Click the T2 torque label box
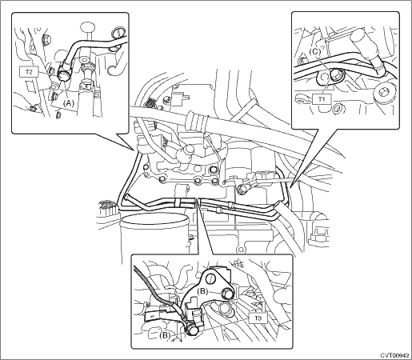click(x=30, y=72)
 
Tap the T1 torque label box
click(x=322, y=99)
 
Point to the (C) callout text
click(x=315, y=52)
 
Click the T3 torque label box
click(x=258, y=318)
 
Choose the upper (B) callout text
click(x=202, y=291)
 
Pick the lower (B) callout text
click(x=165, y=335)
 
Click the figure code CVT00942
click(x=394, y=355)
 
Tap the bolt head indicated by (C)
click(x=336, y=77)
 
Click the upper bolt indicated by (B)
click(x=228, y=294)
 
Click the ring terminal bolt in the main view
click(x=242, y=190)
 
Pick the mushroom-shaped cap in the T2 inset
click(x=88, y=29)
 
